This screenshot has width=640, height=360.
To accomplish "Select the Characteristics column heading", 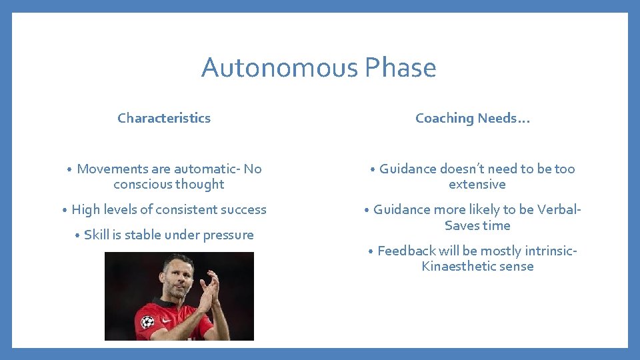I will tap(164, 118).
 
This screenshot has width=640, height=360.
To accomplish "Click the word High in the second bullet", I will tap(85, 209).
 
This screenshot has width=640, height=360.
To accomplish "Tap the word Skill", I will tap(97, 235).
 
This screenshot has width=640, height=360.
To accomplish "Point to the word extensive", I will tap(477, 184).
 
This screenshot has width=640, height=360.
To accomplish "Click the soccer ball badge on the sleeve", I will tap(148, 322).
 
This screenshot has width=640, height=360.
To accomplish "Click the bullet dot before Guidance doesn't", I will tap(373, 170).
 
